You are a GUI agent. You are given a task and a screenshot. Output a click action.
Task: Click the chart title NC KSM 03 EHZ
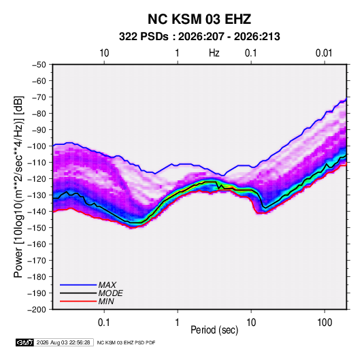pyautogui.click(x=199, y=19)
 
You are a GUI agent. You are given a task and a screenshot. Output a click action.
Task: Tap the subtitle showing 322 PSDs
pyautogui.click(x=199, y=37)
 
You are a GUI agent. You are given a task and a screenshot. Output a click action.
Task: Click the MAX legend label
pyautogui.click(x=107, y=284)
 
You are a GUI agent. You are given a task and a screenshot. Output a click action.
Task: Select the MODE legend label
pyautogui.click(x=110, y=293)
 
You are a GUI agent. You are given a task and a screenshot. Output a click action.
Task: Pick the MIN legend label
pyautogui.click(x=106, y=301)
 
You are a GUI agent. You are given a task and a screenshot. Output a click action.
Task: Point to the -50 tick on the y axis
pyautogui.click(x=39, y=65)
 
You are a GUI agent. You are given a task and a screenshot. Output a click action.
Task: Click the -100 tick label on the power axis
pyautogui.click(x=37, y=146)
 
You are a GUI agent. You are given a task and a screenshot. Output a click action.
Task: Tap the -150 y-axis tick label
pyautogui.click(x=37, y=228)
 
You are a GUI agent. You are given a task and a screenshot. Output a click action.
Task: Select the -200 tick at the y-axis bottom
pyautogui.click(x=37, y=310)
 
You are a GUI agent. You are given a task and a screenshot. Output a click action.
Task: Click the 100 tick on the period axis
pyautogui.click(x=325, y=323)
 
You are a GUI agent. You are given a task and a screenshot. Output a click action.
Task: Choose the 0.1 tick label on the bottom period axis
pyautogui.click(x=103, y=323)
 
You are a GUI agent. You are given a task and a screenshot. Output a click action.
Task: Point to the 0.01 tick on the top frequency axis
pyautogui.click(x=324, y=53)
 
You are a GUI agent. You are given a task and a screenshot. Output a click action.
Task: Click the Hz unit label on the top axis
pyautogui.click(x=214, y=53)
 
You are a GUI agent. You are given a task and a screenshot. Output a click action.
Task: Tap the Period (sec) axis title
pyautogui.click(x=214, y=330)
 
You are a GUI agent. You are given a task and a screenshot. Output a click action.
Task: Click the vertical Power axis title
pyautogui.click(x=18, y=186)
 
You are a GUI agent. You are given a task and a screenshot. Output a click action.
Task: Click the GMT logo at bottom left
pyautogui.click(x=25, y=342)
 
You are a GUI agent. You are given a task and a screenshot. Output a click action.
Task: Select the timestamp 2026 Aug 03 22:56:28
pyautogui.click(x=63, y=342)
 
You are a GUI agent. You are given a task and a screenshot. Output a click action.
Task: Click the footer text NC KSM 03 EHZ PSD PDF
pyautogui.click(x=126, y=342)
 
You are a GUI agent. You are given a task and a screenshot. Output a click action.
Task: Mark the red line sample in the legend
pyautogui.click(x=78, y=301)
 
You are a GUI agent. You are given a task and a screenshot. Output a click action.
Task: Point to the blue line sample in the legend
pyautogui.click(x=78, y=284)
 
